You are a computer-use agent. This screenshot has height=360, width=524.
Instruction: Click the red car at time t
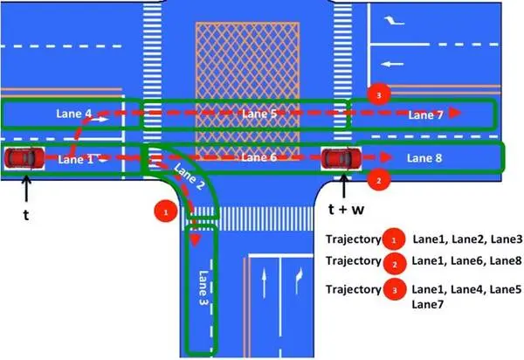coord(24,158)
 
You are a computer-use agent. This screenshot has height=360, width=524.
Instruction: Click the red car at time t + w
coord(341,158)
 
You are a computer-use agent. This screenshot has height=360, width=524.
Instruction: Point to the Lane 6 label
coord(259,157)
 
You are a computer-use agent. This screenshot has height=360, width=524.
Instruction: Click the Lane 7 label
coord(428,114)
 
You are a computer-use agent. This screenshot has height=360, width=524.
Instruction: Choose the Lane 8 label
coord(427,158)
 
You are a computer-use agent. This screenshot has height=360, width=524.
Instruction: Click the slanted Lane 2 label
coord(190,178)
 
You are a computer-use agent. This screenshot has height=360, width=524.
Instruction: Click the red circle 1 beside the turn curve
coord(160,211)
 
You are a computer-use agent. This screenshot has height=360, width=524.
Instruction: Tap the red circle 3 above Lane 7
coord(377,93)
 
